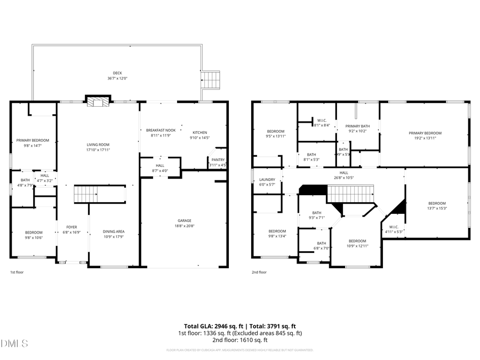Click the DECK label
117,73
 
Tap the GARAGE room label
185,220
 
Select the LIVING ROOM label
98,145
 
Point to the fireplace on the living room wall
98,101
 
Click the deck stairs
210,81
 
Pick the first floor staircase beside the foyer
99,194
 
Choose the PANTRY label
218,159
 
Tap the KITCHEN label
200,132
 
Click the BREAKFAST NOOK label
161,130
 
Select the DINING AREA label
114,231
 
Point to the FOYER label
71,227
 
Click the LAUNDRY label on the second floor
267,180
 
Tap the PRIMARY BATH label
357,126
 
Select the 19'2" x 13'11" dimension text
425,138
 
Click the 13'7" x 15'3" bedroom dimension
437,208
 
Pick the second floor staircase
349,194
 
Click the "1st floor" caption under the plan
17,272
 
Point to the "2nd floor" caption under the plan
259,272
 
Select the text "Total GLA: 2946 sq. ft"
212,326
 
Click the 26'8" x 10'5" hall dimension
344,178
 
